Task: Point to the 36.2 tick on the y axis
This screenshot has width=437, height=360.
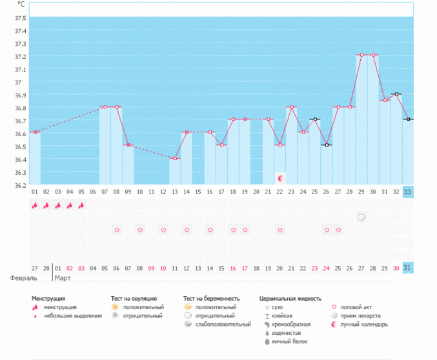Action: tap(20, 185)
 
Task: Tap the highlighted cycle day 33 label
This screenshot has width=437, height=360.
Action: tap(407, 192)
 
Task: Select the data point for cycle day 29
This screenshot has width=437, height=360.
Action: tap(361, 55)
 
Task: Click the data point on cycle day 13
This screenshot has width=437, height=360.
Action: tap(175, 159)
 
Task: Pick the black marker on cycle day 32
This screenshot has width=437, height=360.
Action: tap(396, 94)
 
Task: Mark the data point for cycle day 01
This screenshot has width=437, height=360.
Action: tap(35, 132)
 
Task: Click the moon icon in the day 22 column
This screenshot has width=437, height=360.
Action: tap(280, 177)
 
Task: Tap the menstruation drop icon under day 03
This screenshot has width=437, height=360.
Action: tap(58, 205)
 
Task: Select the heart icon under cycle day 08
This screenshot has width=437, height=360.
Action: tap(117, 230)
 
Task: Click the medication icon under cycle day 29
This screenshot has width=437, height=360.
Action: tap(361, 217)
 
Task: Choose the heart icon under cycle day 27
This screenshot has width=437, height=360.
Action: tap(338, 230)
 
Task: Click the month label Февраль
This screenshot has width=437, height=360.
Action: tap(23, 278)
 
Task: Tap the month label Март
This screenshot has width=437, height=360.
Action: tap(63, 278)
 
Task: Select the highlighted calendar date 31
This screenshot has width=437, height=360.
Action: tap(407, 268)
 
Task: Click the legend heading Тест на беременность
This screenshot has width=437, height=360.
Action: tap(211, 299)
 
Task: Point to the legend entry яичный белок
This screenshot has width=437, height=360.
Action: tap(289, 341)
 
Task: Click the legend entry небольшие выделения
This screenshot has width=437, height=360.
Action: tap(72, 315)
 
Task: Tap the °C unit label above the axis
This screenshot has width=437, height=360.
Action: tap(21, 4)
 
